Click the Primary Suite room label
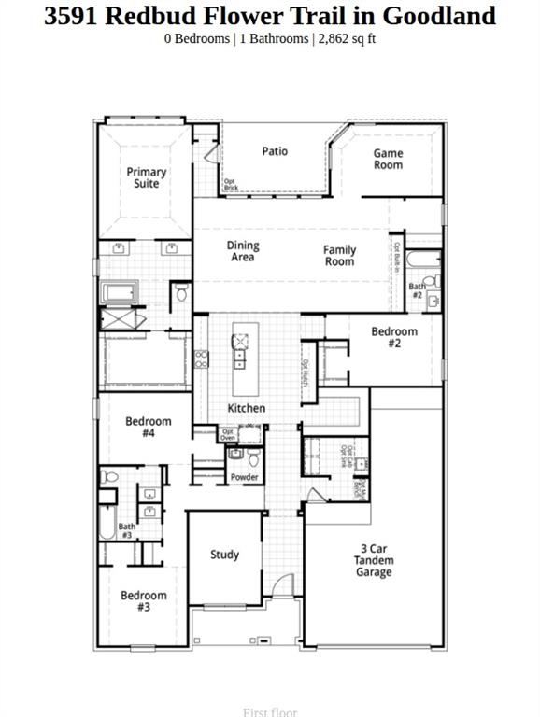coord(147,177)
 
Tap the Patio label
coord(275,151)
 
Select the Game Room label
coord(388,159)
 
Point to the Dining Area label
coord(243,251)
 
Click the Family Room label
coord(339,255)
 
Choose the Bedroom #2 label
coord(393,337)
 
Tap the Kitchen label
coord(247,408)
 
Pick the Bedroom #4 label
coord(149,428)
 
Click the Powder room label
coord(245,477)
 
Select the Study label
coord(224,555)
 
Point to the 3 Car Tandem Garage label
coord(373,560)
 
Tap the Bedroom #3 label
coord(144,601)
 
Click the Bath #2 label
coord(417,290)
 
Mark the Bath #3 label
coord(126,531)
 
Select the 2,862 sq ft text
coord(348,39)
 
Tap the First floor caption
coord(269,712)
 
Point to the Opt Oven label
coord(228,434)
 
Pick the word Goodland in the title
coord(438,16)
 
